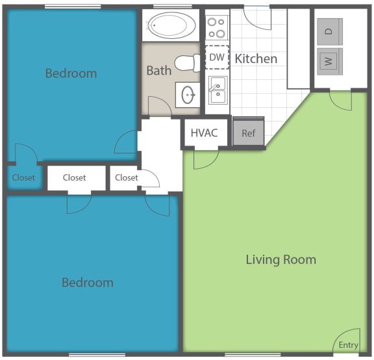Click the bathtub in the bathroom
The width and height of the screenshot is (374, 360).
(171, 26)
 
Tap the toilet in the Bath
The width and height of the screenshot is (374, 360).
(190, 63)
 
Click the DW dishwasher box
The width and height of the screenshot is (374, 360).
(216, 57)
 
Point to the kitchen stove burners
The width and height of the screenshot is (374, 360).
(216, 27)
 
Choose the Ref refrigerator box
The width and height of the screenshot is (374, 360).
(249, 133)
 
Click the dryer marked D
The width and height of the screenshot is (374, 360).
(329, 29)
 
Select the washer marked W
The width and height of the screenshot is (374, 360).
(329, 62)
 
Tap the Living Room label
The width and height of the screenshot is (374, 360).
(280, 260)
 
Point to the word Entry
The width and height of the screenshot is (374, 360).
(348, 345)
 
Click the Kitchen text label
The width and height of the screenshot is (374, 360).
(256, 59)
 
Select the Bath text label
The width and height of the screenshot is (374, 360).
(158, 70)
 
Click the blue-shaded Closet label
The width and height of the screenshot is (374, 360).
(23, 177)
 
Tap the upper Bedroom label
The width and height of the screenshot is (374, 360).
(71, 73)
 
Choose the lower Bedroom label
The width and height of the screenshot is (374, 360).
(87, 283)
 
